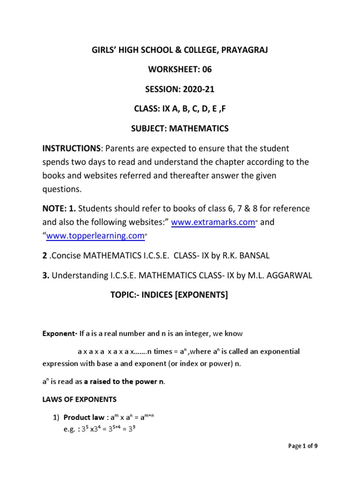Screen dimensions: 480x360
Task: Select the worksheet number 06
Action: (x=207, y=70)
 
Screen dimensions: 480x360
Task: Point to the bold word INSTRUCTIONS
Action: (x=72, y=149)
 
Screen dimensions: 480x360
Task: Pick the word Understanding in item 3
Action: (x=83, y=276)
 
